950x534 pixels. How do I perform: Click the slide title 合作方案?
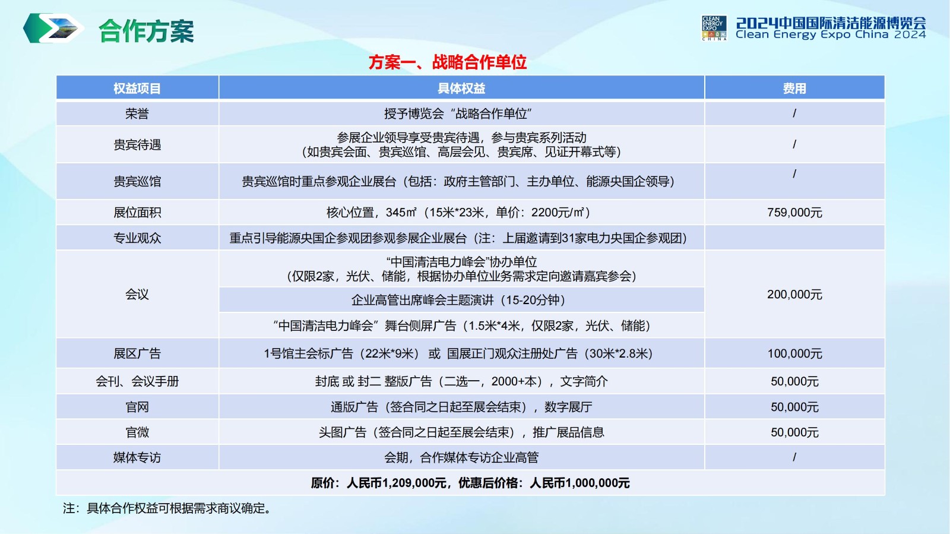(146, 31)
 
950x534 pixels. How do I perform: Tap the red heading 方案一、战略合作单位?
(448, 62)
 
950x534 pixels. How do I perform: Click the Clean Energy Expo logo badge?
(714, 28)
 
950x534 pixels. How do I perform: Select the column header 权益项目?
(137, 89)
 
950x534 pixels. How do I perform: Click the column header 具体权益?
(461, 89)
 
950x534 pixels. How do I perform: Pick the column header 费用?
(794, 89)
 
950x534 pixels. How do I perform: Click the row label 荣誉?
(137, 113)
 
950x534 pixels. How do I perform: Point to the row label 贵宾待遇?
(137, 144)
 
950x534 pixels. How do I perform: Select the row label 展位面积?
(137, 212)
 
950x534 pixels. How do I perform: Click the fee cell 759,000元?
(794, 212)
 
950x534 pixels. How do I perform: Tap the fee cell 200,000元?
(794, 294)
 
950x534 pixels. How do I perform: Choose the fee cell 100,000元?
(794, 353)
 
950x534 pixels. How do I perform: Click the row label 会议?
(137, 294)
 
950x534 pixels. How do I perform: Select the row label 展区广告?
(137, 353)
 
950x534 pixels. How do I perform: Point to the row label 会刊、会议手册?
(137, 381)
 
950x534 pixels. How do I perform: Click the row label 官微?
(137, 432)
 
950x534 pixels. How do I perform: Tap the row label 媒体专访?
(137, 457)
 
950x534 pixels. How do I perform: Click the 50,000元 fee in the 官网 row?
(794, 407)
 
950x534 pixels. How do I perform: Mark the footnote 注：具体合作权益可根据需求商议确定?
(167, 508)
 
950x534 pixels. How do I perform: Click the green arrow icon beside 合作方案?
(53, 28)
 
